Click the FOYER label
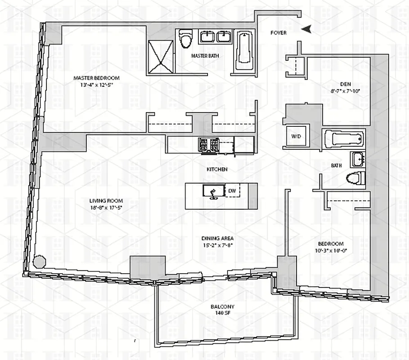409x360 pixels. pos(278,32)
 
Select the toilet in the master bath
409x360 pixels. pos(185,39)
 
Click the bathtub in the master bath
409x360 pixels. pos(243,47)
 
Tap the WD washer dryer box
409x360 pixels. pos(296,136)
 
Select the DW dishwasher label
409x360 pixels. pos(232,191)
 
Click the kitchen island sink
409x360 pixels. pos(211,191)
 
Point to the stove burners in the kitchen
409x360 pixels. pos(208,144)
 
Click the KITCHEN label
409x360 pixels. pos(217,170)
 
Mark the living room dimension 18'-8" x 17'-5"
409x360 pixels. pos(106,208)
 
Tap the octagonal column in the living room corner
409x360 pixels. pos(40,262)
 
